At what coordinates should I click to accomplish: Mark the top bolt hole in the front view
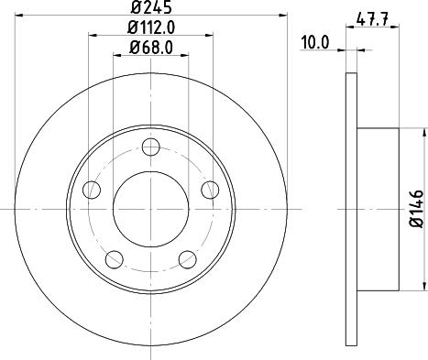(152, 146)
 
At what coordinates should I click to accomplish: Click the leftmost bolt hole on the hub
(91, 190)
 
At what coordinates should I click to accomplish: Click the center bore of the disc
(152, 209)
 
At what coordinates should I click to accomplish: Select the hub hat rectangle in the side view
(378, 209)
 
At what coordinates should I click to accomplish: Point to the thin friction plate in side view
(350, 209)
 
